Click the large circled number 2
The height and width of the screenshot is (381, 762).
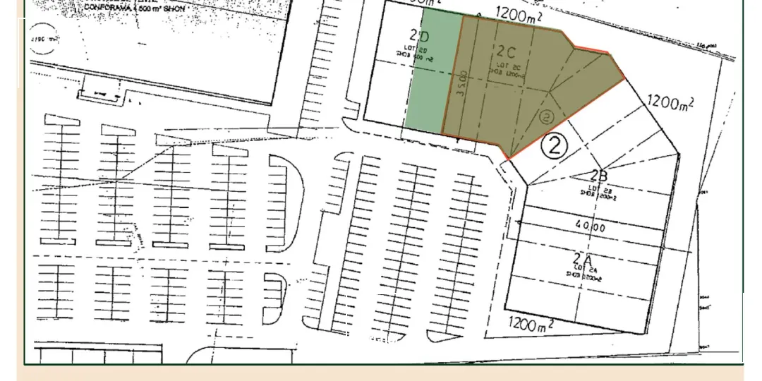pyautogui.click(x=555, y=145)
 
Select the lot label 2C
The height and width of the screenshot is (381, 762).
pyautogui.click(x=507, y=52)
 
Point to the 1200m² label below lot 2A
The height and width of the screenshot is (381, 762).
pyautogui.click(x=529, y=325)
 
